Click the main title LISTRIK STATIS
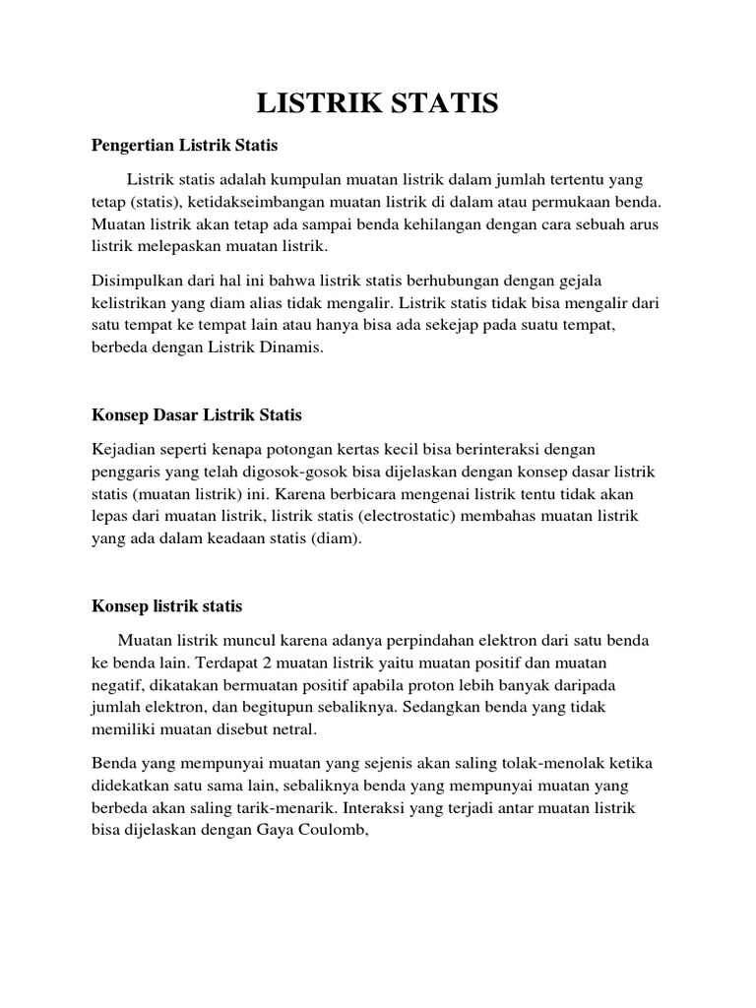point(378,103)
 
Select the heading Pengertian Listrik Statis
point(185,146)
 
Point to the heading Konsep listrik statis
point(166,605)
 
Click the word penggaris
point(123,472)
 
